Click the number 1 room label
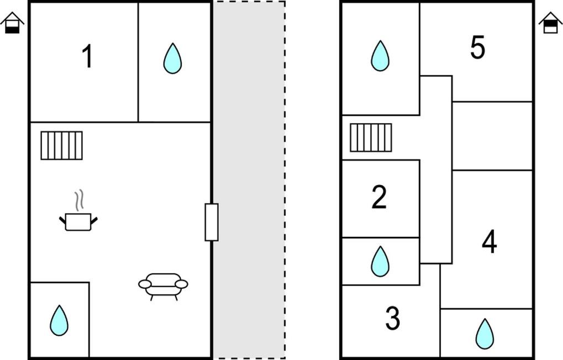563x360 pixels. point(87,56)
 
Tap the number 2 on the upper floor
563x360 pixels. point(379,197)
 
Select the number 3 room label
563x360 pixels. point(392,318)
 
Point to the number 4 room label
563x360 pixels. point(490,241)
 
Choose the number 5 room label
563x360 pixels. point(477,47)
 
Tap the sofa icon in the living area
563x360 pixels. point(163,287)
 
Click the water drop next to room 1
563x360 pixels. point(173,59)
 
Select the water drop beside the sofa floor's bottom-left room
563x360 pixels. point(59,320)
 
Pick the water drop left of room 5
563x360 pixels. point(380,56)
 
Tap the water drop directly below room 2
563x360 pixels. point(380,262)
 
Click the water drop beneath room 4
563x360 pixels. point(485,334)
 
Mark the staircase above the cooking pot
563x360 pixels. point(62,145)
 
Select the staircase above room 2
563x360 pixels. point(371,137)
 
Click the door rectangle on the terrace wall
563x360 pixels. point(212,222)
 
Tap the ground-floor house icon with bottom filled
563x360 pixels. point(12,23)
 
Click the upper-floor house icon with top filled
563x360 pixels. point(550,23)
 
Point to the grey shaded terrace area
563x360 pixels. point(249,179)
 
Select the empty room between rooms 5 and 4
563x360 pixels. point(492,136)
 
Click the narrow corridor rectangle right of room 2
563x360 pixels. point(436,170)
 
